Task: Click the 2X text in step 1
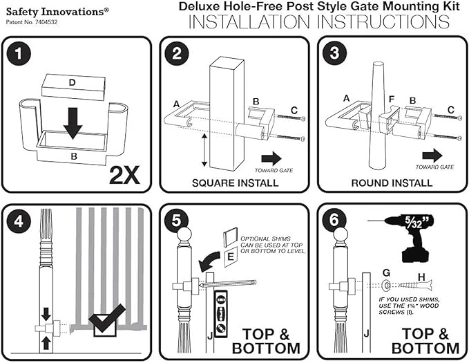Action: tap(124, 173)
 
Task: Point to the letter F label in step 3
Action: tap(391, 100)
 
